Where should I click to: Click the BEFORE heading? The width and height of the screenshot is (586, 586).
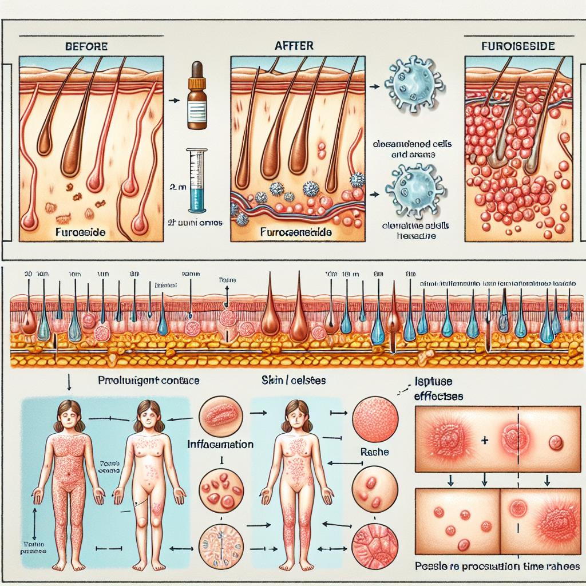(x=86, y=45)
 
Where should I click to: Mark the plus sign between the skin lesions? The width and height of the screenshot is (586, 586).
(x=485, y=441)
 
